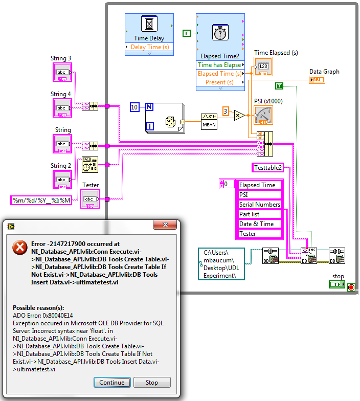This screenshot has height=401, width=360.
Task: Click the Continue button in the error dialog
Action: click(x=111, y=383)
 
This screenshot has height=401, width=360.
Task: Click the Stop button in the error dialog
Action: click(x=152, y=383)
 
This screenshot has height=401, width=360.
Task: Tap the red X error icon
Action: click(x=20, y=248)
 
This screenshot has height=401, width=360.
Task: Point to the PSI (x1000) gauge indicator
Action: click(x=263, y=116)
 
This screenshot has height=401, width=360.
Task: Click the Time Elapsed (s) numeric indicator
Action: click(x=263, y=67)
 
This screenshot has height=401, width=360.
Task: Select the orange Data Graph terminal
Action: click(x=317, y=80)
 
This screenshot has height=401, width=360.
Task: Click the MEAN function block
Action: click(x=209, y=121)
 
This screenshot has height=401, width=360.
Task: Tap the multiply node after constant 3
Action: click(x=239, y=116)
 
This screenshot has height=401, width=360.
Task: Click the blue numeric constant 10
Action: click(x=134, y=107)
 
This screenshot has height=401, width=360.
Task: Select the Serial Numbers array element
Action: click(x=260, y=205)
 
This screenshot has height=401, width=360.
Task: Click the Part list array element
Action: click(x=260, y=214)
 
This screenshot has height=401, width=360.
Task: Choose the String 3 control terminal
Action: click(x=62, y=73)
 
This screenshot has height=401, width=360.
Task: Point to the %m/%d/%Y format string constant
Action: click(x=42, y=201)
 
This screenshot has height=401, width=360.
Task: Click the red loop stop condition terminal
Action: click(x=351, y=288)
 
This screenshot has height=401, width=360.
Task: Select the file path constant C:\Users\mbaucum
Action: click(x=221, y=264)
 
